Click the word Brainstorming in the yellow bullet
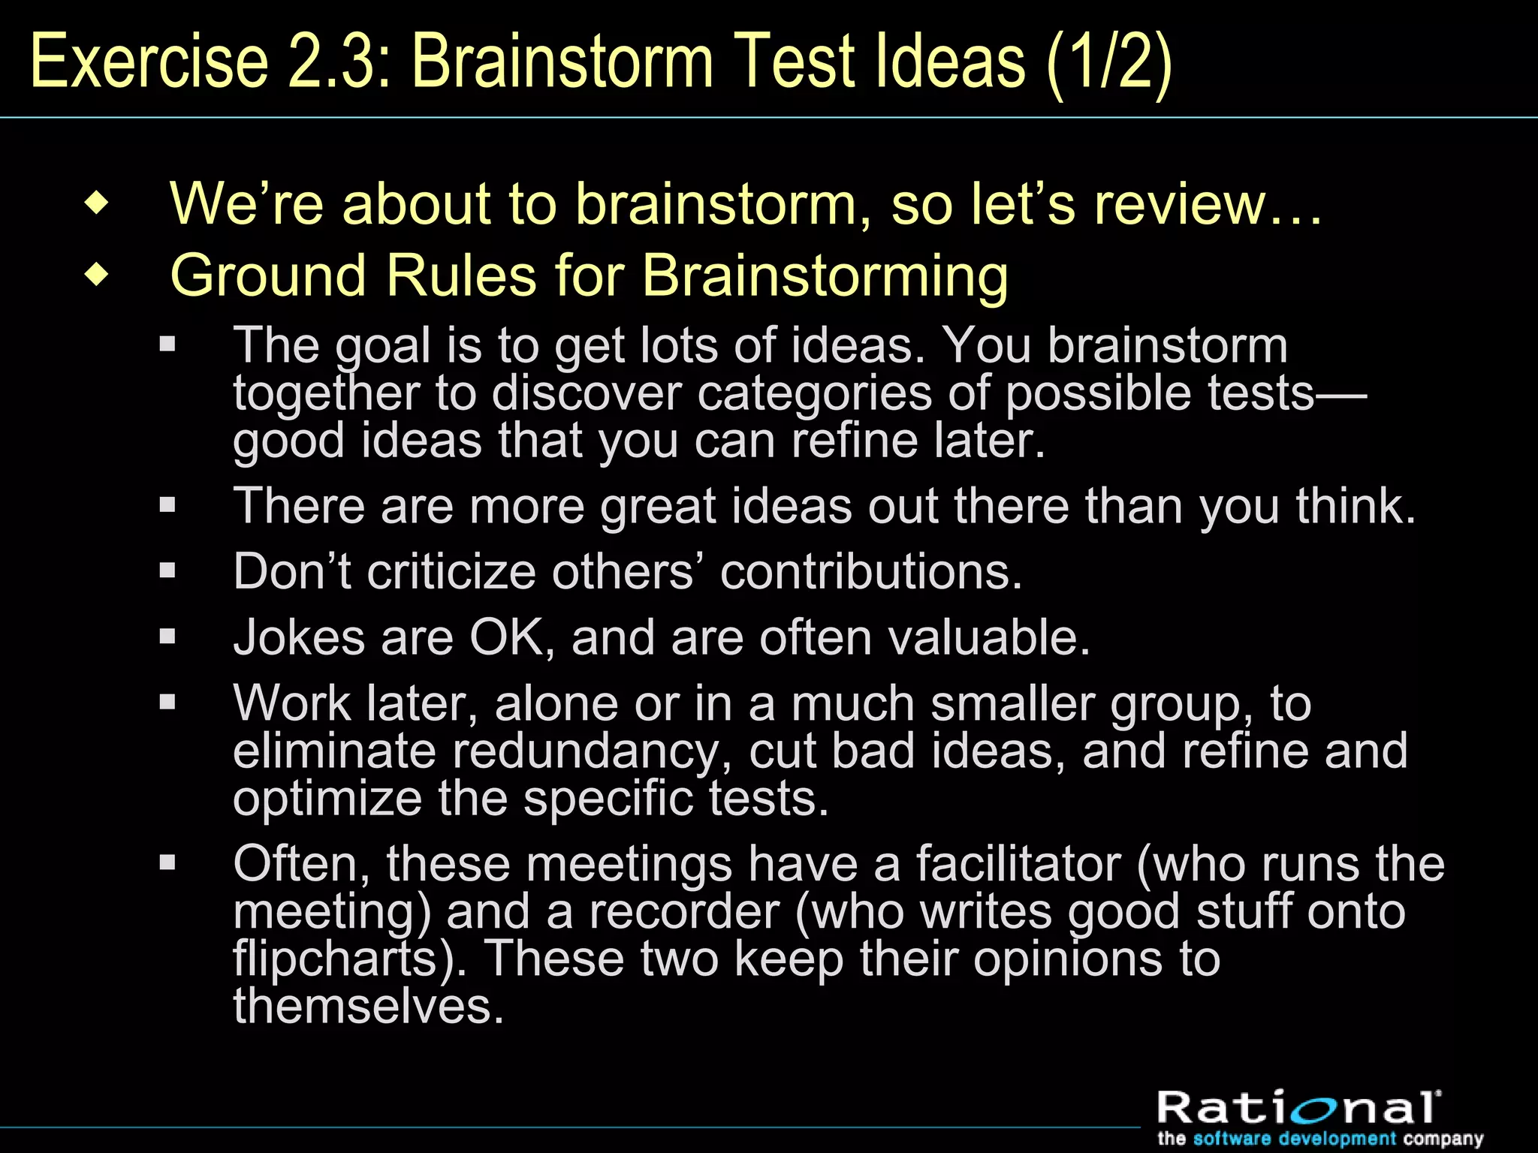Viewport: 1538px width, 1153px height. click(x=825, y=275)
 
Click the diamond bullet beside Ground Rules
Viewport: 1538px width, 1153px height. click(x=97, y=275)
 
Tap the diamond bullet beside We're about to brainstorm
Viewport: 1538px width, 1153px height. click(x=97, y=203)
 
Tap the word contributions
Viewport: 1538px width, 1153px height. click(x=870, y=572)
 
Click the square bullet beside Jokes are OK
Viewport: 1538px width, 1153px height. click(x=167, y=637)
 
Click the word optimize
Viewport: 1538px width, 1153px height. click(x=327, y=799)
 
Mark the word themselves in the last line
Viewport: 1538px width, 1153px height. click(x=367, y=1007)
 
